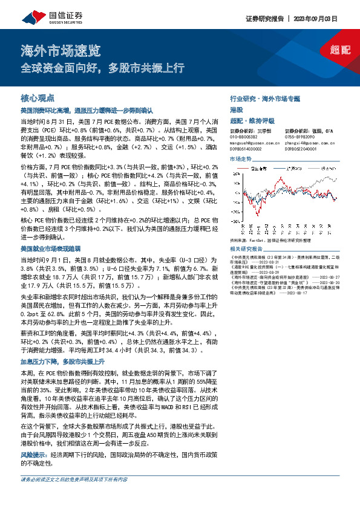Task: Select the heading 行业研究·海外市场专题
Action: [x=265, y=97]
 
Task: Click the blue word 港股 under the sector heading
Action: [x=237, y=109]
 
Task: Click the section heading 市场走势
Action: [x=241, y=159]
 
